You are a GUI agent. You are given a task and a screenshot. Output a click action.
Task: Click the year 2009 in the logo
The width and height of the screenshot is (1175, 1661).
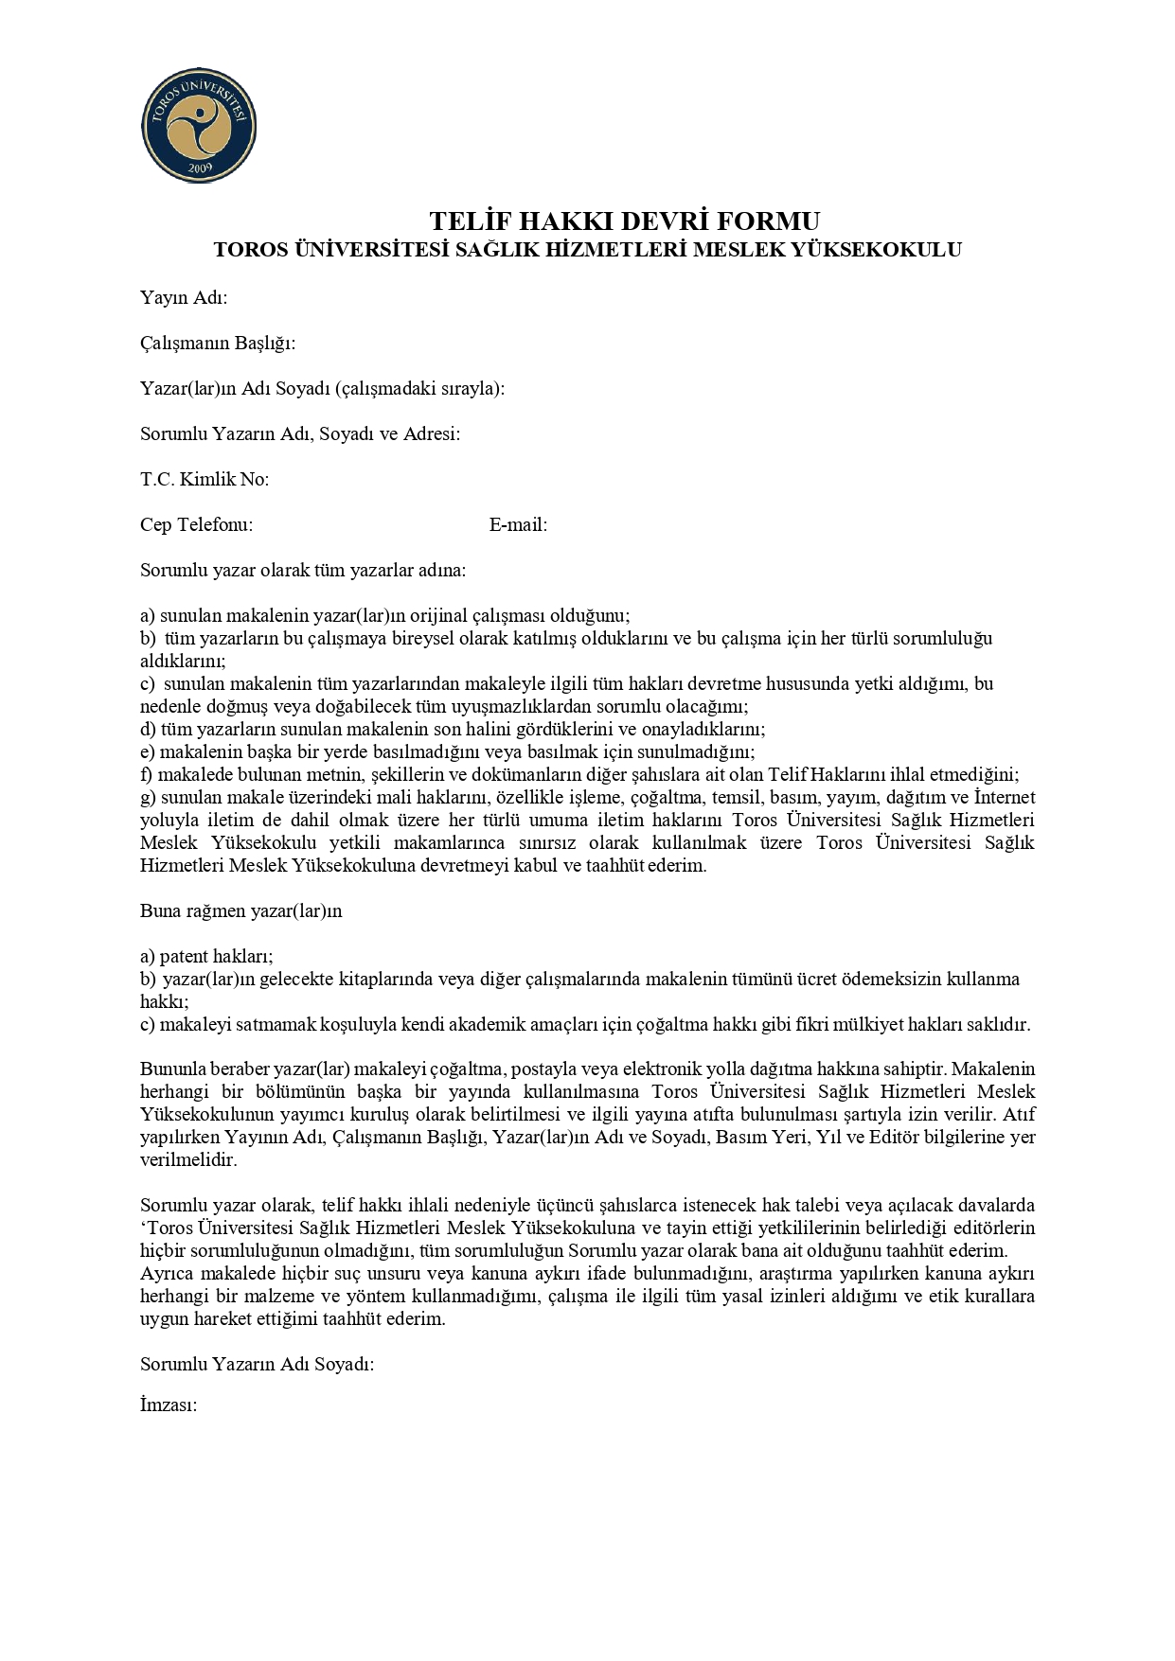coord(200,168)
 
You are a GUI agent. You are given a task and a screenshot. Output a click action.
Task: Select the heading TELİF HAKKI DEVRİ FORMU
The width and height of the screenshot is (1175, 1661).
coord(625,221)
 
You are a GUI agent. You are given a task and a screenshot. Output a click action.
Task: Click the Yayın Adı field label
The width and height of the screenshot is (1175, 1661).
coord(184,298)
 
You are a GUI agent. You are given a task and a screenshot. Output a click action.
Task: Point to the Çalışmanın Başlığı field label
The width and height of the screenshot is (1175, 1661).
coord(218,343)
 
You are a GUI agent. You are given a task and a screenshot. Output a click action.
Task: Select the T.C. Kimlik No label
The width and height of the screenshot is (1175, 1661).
coord(205,479)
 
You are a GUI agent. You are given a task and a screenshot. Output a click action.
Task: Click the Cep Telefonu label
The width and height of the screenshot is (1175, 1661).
coord(196,524)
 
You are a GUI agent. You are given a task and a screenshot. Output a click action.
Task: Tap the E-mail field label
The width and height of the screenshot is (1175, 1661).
coord(518,524)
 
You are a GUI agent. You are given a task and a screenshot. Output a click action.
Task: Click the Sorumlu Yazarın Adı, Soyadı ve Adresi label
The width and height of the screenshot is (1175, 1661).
coord(300,433)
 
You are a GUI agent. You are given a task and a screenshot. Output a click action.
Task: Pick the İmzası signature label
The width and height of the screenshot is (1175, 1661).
coord(169,1405)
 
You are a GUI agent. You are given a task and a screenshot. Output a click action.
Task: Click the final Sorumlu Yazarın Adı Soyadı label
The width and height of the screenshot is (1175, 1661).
coord(257,1364)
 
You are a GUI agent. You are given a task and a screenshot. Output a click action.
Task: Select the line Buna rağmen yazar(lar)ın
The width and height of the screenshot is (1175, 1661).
coord(240,911)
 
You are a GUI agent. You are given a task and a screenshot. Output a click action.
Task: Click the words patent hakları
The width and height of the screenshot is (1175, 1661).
coord(216,956)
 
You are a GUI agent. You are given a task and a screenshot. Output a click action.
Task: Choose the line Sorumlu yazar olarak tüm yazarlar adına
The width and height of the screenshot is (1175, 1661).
coord(303,570)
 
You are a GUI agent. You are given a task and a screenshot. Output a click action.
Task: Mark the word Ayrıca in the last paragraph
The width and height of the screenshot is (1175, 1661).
coord(168,1273)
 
